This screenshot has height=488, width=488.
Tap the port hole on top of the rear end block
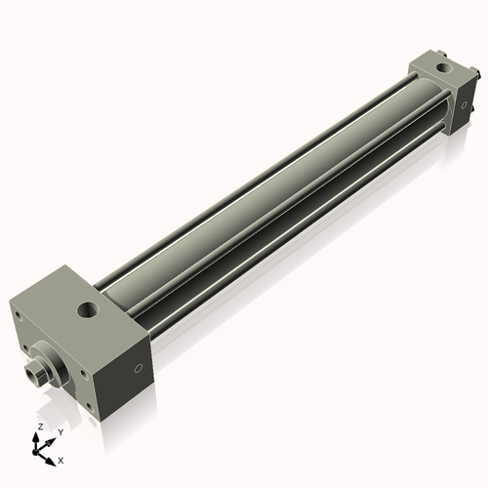tap(443, 67)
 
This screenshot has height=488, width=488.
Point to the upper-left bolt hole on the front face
tap(18, 315)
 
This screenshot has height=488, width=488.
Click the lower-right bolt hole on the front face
tap(89, 406)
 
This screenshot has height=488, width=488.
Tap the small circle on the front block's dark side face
tap(139, 368)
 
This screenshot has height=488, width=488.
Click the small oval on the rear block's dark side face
tap(464, 104)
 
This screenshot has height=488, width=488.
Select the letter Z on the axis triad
tap(40, 427)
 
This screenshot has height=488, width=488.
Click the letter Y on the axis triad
tap(61, 432)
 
